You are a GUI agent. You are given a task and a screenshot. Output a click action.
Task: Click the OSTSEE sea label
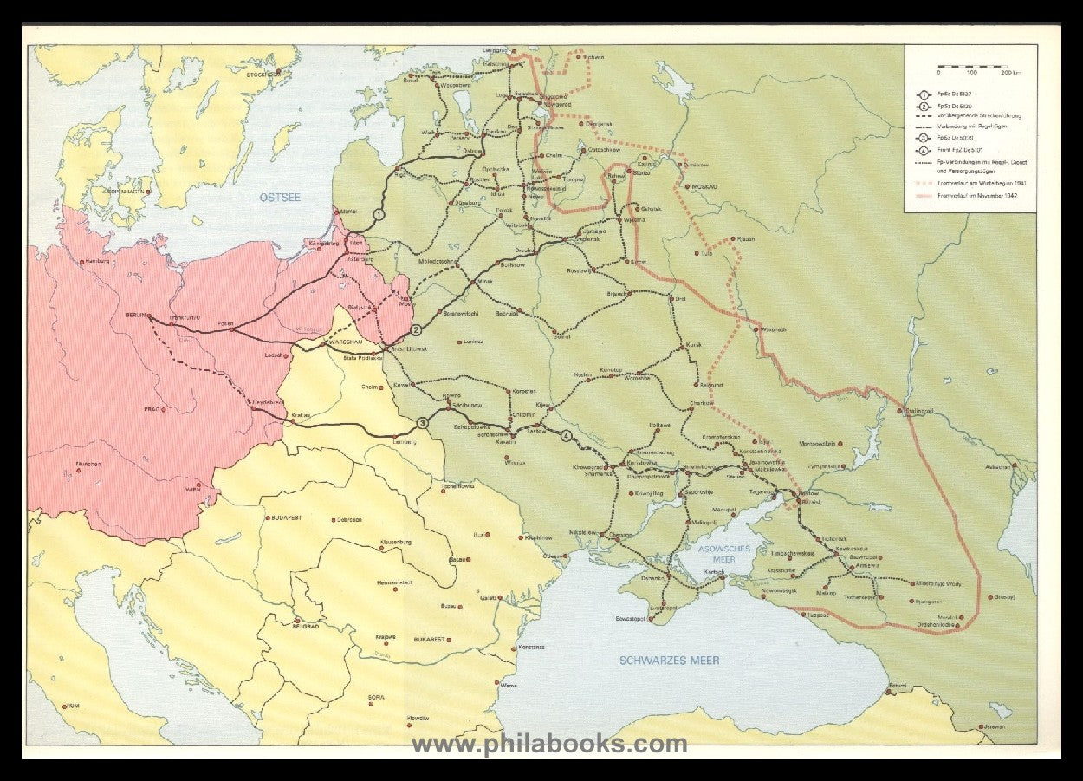tap(280, 198)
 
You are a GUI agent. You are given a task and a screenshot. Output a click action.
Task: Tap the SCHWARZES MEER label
tap(669, 661)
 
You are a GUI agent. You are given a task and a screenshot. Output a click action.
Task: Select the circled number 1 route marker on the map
tap(378, 214)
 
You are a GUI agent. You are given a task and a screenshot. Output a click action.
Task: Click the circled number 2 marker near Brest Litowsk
tap(416, 330)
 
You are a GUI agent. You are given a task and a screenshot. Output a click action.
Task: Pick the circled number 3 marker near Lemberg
tap(422, 423)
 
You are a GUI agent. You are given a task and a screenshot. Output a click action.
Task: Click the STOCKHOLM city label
tap(263, 75)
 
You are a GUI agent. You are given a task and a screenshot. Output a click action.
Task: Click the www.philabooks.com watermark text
tap(548, 744)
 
